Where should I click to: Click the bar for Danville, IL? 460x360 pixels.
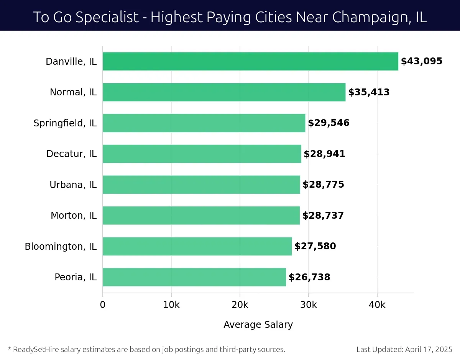click(x=250, y=61)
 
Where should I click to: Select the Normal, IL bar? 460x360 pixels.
click(x=224, y=92)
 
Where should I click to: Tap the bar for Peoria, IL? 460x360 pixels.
click(x=194, y=277)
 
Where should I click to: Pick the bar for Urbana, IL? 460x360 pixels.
click(x=201, y=185)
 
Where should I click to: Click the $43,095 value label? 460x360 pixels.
click(x=422, y=61)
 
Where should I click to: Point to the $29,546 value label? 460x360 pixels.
click(x=329, y=123)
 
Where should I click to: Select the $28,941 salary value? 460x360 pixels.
click(x=324, y=154)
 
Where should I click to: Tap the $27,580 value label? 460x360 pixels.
click(x=315, y=246)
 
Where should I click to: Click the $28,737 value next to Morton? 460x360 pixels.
click(x=323, y=216)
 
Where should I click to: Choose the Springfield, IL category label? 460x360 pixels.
click(x=65, y=123)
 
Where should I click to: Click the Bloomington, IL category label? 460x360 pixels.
click(x=61, y=247)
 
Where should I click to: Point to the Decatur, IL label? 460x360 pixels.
click(x=71, y=154)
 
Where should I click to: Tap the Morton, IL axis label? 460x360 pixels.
click(x=74, y=216)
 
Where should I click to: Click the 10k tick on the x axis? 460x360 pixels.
click(x=171, y=305)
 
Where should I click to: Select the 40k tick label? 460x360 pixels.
click(x=377, y=305)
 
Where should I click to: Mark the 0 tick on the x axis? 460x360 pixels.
click(x=103, y=305)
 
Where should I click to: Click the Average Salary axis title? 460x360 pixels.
click(x=258, y=325)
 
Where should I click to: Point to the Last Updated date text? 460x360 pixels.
click(x=404, y=349)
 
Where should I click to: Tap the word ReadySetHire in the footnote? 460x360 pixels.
click(x=33, y=349)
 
